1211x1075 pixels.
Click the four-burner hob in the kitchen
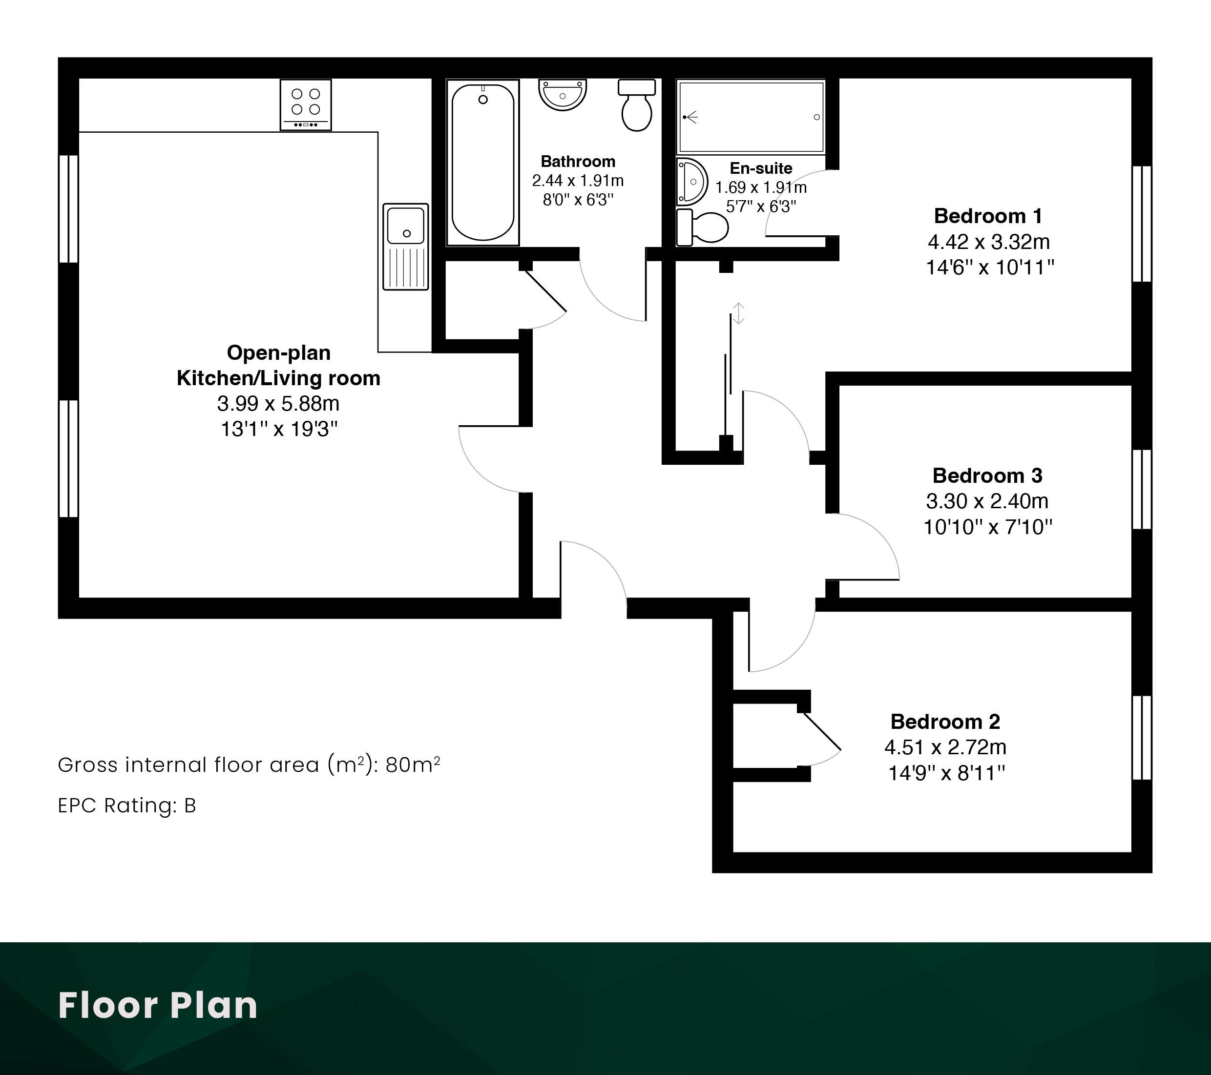306,105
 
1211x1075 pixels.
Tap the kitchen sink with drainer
406,247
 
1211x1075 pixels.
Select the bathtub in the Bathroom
483,162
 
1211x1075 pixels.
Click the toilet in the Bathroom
637,105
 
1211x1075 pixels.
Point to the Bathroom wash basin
562,95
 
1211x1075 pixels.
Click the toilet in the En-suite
702,226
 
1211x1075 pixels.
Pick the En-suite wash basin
691,182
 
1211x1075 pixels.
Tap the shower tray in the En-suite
751,117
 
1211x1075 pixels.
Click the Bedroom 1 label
988,216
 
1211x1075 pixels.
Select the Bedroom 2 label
945,722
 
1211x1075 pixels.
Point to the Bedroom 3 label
987,475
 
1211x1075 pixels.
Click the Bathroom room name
578,161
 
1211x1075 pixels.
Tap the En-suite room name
761,168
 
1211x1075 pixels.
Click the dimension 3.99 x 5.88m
278,403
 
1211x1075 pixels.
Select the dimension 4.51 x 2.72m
945,747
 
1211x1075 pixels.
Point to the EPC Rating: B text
127,806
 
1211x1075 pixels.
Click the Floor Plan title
158,1005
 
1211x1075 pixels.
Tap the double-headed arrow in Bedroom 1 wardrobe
738,313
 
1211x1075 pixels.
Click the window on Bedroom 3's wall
1142,489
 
